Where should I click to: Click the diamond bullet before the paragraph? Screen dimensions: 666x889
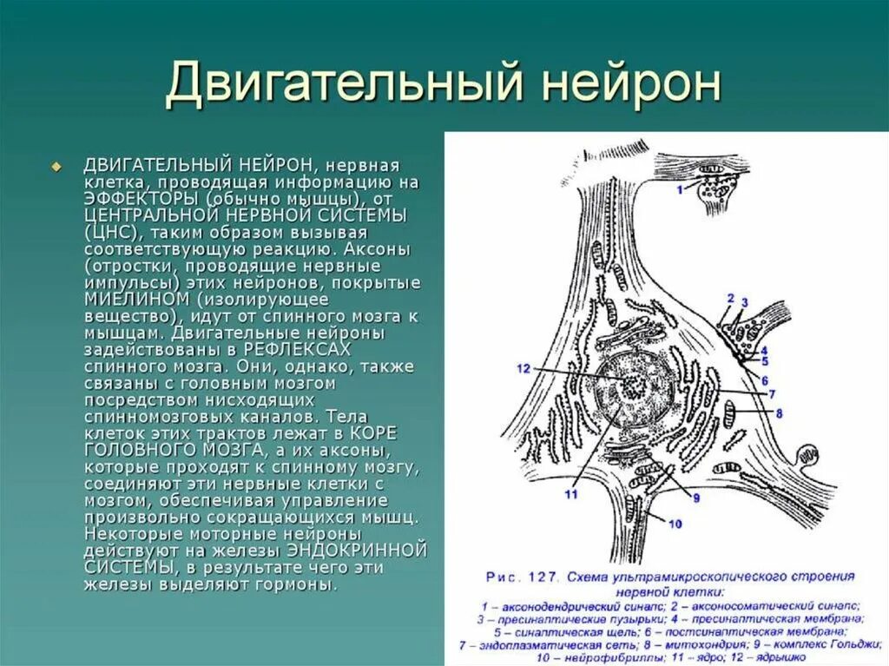57,166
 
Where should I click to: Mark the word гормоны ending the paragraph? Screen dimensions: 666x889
295,584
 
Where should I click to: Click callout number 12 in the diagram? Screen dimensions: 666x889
524,369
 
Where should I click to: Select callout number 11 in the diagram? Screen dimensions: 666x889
571,495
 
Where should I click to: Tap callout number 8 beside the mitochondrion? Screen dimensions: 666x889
778,414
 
